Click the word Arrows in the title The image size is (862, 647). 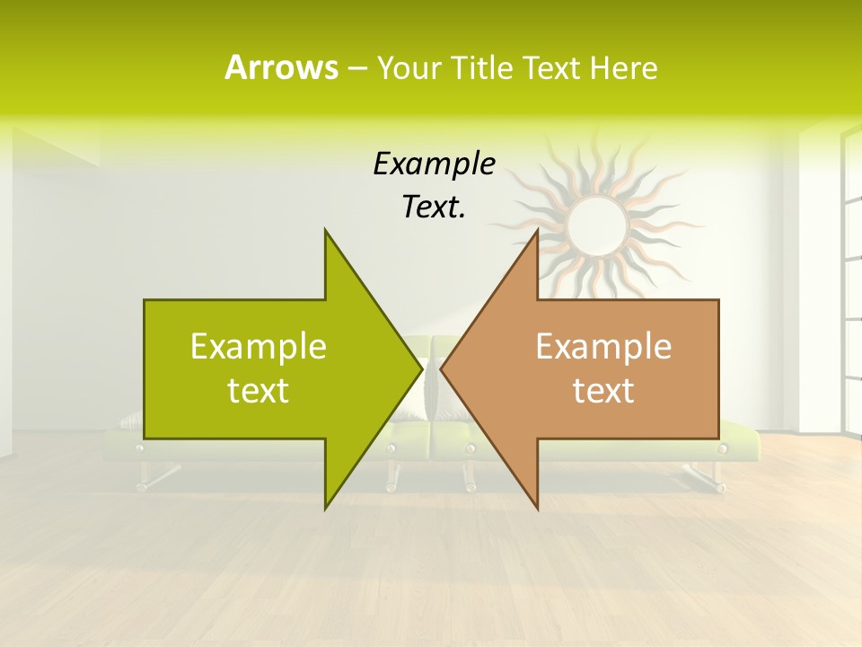pyautogui.click(x=281, y=67)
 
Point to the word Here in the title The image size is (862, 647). pyautogui.click(x=623, y=68)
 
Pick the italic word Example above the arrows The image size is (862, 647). pyautogui.click(x=434, y=164)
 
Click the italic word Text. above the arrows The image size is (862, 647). pyautogui.click(x=434, y=207)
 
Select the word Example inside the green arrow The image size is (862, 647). pyautogui.click(x=259, y=346)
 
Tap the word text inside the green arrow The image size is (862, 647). pyautogui.click(x=259, y=390)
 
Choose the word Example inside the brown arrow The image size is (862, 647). pyautogui.click(x=603, y=346)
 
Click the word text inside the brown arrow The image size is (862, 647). pyautogui.click(x=603, y=390)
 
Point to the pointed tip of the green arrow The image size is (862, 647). pyautogui.click(x=421, y=368)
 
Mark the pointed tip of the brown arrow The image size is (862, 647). pyautogui.click(x=442, y=368)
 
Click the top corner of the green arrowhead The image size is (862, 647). pyautogui.click(x=325, y=230)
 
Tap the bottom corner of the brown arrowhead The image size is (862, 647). pyautogui.click(x=538, y=509)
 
